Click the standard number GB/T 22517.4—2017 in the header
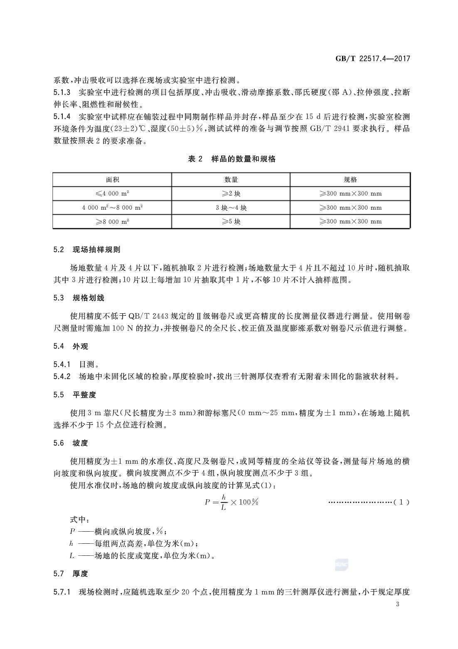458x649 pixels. [372, 59]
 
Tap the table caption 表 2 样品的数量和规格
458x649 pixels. [231, 159]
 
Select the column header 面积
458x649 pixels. [112, 180]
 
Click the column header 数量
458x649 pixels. [231, 180]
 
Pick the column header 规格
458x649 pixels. [350, 180]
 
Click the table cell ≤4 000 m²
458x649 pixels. [112, 193]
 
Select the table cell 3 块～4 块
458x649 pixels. [231, 208]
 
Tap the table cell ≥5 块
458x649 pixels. [231, 221]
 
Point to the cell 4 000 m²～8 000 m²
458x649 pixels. [112, 208]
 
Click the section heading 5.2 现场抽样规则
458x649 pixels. [87, 250]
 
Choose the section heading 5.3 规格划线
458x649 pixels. [79, 298]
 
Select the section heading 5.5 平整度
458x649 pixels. [75, 395]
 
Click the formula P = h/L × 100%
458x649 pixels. [231, 502]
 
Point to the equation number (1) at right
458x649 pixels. [401, 502]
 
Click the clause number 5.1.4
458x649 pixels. [62, 116]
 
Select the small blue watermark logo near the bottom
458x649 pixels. [341, 565]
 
